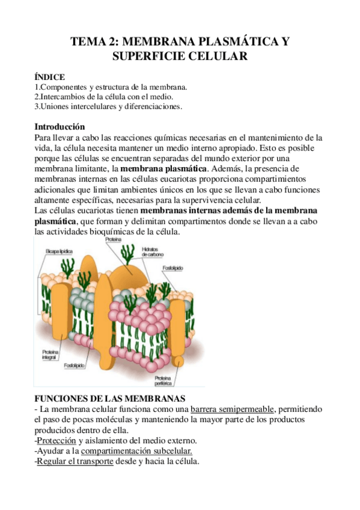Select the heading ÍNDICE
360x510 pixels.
click(x=51, y=76)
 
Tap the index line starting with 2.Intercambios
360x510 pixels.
click(x=105, y=96)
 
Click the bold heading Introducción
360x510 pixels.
click(x=60, y=127)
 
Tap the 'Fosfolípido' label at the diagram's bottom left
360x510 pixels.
click(x=75, y=366)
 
